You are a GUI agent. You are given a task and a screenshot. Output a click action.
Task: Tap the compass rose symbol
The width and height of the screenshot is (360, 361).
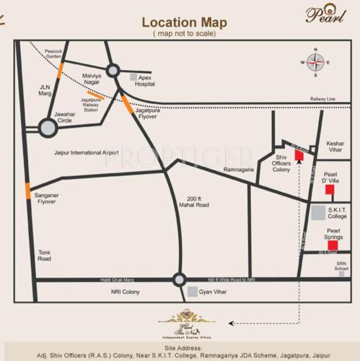click(x=315, y=62)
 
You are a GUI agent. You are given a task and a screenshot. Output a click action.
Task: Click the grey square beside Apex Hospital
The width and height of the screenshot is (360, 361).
click(x=132, y=76)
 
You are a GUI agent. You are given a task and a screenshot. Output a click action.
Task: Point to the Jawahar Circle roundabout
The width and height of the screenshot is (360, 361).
click(x=48, y=128)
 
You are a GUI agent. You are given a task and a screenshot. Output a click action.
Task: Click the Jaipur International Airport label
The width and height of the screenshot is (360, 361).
click(x=86, y=153)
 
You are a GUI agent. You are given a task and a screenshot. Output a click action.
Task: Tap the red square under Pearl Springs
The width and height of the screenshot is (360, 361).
click(x=333, y=245)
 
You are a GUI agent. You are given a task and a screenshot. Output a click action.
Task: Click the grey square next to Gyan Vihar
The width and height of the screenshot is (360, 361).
click(x=193, y=292)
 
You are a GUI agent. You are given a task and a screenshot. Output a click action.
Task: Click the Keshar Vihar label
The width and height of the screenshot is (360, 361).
click(x=335, y=147)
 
